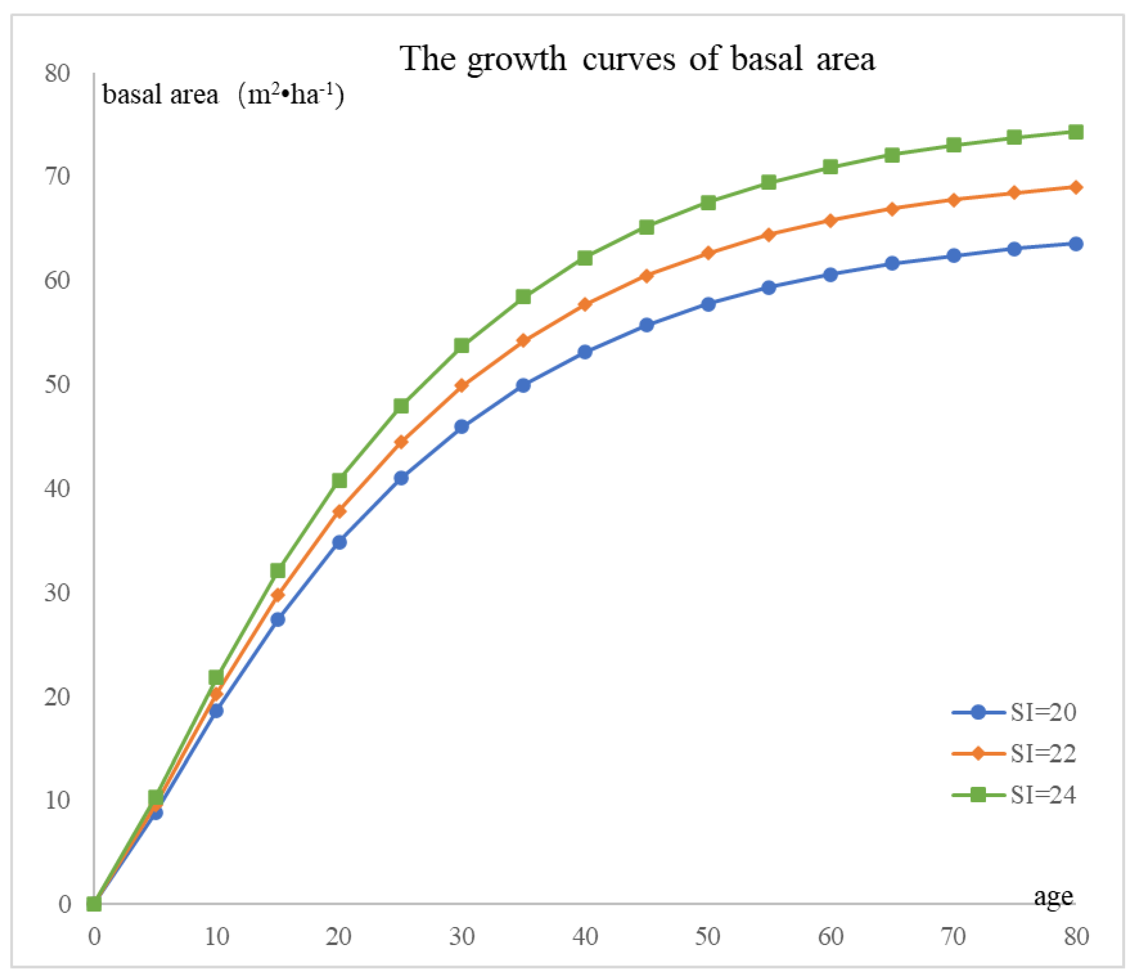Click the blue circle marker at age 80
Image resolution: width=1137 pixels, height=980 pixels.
pyautogui.click(x=1076, y=244)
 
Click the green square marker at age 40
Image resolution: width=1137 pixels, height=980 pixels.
pyautogui.click(x=585, y=257)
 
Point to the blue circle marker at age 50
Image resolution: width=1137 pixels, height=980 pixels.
pyautogui.click(x=708, y=304)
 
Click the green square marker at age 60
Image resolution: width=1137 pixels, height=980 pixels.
pyautogui.click(x=830, y=167)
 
